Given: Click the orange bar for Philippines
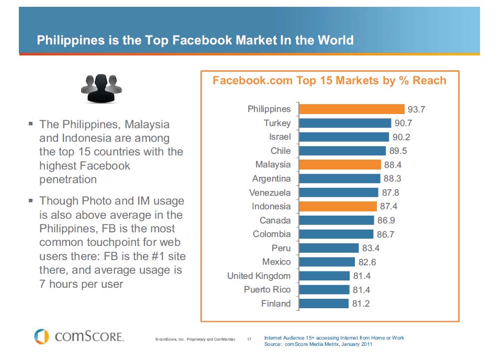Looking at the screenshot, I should (351, 109).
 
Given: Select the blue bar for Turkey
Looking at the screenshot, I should (345, 123).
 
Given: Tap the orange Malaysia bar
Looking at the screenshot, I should (340, 164).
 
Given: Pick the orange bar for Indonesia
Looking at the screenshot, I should (338, 206).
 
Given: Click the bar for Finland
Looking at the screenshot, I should (323, 303).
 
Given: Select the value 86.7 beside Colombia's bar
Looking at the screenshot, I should (385, 234).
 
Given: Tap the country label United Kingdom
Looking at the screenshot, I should (259, 276).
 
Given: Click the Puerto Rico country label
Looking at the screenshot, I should (267, 289).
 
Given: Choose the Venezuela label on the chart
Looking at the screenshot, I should (270, 193).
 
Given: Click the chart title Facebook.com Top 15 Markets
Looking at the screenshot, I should (329, 81).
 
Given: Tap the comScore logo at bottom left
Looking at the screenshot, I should (79, 336).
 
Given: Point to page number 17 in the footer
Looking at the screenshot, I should (249, 340).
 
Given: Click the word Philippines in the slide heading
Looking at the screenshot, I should (70, 40).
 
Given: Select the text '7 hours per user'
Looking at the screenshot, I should (81, 285).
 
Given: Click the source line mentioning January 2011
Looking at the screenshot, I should (319, 344).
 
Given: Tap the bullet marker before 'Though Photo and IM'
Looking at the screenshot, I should (30, 200).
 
